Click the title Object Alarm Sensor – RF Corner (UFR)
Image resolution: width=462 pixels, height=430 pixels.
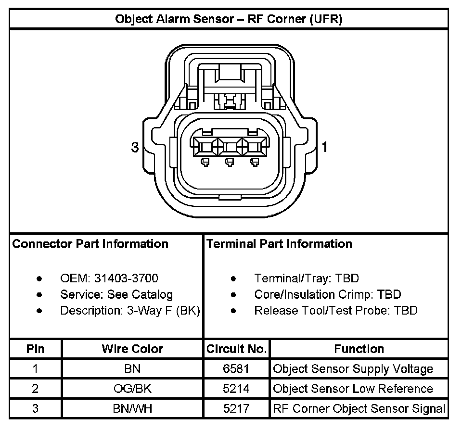tap(229, 19)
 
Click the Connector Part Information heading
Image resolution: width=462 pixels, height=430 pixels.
tap(90, 244)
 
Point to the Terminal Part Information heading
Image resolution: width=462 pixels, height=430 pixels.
tap(279, 244)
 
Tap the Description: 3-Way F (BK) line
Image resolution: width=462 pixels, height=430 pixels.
tap(130, 311)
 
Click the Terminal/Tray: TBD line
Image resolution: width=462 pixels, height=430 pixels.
tap(306, 278)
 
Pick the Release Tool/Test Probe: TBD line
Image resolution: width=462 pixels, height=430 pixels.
tap(335, 311)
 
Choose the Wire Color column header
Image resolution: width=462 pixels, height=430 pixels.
tap(132, 349)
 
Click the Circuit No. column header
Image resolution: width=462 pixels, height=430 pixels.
tap(236, 349)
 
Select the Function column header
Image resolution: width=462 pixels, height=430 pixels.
tap(359, 349)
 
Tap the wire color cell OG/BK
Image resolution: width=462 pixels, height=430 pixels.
tap(132, 389)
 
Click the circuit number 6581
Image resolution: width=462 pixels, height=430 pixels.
tap(236, 369)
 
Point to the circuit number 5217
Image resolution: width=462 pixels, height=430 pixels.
tap(236, 409)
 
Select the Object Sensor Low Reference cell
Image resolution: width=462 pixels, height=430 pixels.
tap(353, 389)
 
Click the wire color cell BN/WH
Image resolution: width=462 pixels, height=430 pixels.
tap(132, 409)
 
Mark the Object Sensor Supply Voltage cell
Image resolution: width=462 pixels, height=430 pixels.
tap(353, 369)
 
